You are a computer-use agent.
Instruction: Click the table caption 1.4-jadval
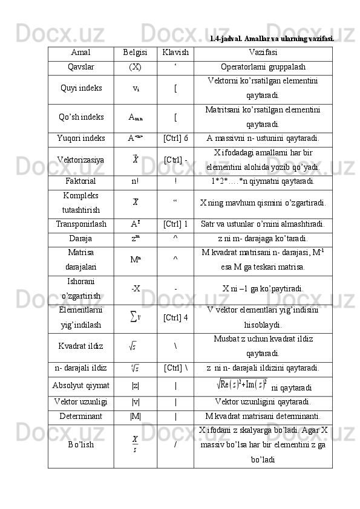(272, 38)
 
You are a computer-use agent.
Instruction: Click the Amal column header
(80, 53)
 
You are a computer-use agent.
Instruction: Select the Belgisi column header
(135, 53)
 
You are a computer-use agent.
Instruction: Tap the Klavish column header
(175, 53)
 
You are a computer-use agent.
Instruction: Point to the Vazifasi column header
(263, 53)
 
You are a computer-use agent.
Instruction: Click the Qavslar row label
(80, 66)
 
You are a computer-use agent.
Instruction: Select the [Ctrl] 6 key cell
(175, 138)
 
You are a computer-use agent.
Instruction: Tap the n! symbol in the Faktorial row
(135, 181)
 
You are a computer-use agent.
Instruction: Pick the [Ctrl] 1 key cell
(175, 224)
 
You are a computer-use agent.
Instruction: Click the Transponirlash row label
(80, 224)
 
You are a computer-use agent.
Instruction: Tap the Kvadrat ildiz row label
(80, 346)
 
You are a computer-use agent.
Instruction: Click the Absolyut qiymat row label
(80, 385)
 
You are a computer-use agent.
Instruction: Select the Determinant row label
(80, 415)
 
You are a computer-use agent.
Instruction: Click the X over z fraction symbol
(135, 445)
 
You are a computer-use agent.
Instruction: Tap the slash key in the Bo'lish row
(175, 445)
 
